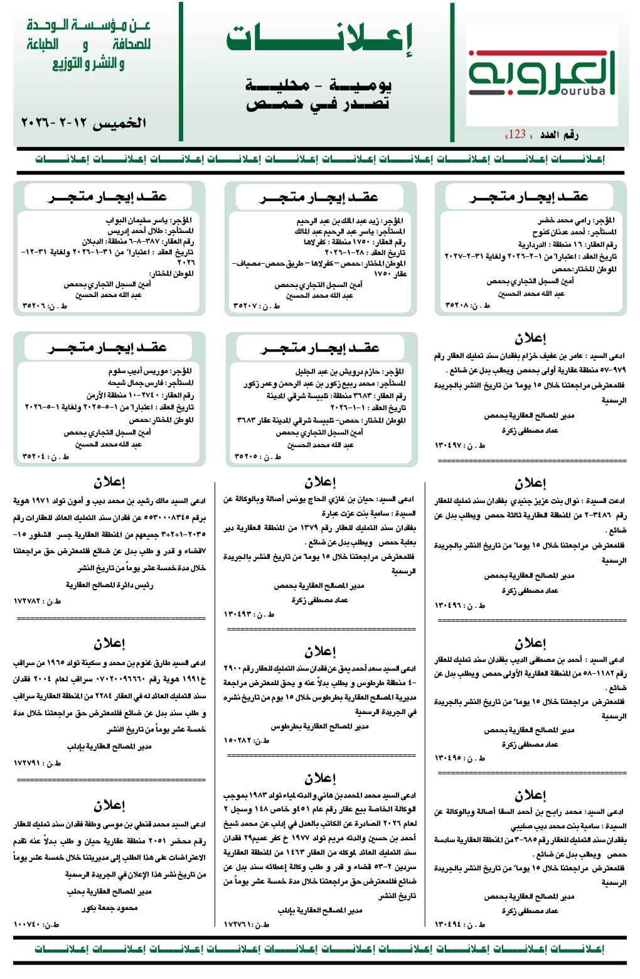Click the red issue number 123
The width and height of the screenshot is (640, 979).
pos(517,134)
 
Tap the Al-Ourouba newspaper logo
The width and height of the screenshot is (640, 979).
pos(541,75)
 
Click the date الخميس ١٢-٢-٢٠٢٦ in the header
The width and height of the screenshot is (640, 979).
pos(83,123)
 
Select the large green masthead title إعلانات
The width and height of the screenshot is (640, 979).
pos(319,39)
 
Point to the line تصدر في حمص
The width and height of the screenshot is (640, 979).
pos(317,104)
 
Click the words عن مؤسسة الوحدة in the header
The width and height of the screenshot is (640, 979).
pos(88,26)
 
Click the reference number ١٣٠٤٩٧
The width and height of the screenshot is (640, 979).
pos(451,445)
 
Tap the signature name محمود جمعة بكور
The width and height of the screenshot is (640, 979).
pos(109,908)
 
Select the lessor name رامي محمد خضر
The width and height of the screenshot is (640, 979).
pos(563,220)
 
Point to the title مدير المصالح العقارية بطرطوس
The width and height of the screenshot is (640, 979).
pos(319,726)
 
